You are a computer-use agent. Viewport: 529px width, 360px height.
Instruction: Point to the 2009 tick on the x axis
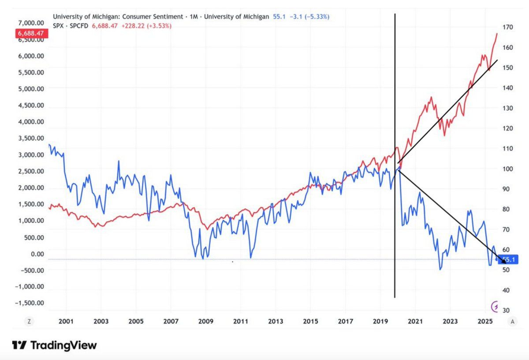pos(206,322)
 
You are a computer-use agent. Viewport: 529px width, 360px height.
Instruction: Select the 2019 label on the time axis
pos(380,322)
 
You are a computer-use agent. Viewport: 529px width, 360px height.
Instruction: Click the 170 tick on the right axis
pos(508,27)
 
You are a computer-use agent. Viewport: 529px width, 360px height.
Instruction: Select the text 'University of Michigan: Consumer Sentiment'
pos(118,17)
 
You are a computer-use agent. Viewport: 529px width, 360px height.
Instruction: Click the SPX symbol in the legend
pos(58,26)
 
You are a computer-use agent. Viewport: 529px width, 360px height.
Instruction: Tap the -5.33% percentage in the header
pos(316,17)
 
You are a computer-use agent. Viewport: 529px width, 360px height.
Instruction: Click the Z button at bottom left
pos(29,322)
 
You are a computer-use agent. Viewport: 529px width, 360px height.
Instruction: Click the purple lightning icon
pos(495,306)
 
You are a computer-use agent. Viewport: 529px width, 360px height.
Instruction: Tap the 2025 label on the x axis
pos(485,322)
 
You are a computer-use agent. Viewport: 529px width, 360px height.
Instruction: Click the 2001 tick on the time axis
pos(66,322)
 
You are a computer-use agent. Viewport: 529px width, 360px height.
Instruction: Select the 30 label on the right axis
pos(507,311)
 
